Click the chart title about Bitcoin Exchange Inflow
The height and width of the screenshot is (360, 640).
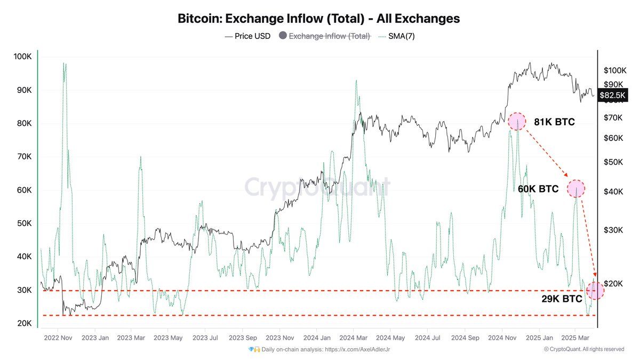(x=318, y=19)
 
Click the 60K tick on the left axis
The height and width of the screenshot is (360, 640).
(x=23, y=190)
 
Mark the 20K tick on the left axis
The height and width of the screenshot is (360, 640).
(x=23, y=324)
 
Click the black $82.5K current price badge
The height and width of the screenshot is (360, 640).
(x=614, y=95)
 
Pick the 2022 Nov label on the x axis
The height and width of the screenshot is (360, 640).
(x=58, y=338)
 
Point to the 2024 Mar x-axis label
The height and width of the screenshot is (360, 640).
(x=353, y=338)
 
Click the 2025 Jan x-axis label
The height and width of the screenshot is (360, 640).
(x=538, y=338)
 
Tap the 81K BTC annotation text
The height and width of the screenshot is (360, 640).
(x=555, y=122)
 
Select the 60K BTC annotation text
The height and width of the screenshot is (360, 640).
(x=538, y=189)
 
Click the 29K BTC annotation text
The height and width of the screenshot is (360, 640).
(x=562, y=299)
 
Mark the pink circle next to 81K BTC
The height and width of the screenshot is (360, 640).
(x=516, y=122)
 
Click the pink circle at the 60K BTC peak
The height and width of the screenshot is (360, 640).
(x=576, y=188)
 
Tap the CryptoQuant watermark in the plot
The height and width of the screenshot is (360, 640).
(x=317, y=188)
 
